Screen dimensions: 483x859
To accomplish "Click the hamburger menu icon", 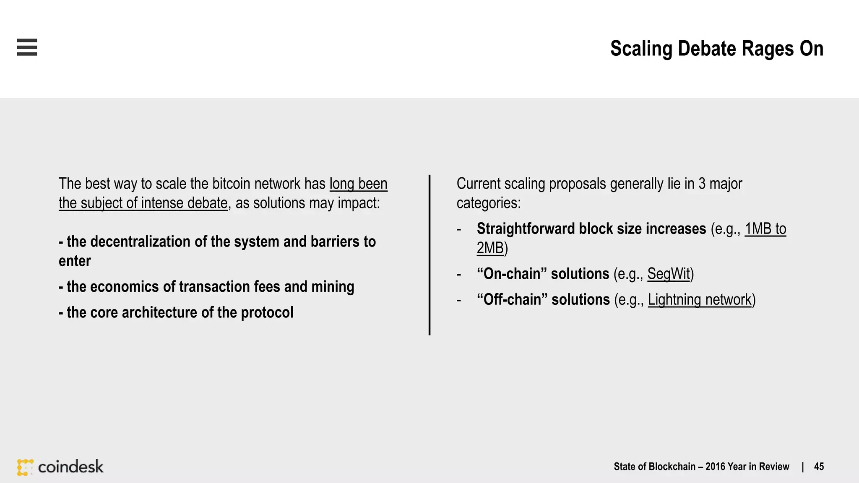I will pyautogui.click(x=27, y=47).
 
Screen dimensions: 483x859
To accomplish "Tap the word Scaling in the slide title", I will pyautogui.click(x=641, y=49).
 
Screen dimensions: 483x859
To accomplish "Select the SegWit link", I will pyautogui.click(x=669, y=274).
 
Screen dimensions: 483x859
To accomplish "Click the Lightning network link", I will pyautogui.click(x=700, y=300).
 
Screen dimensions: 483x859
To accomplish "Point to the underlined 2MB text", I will pyautogui.click(x=490, y=248).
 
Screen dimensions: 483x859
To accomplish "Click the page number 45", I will pyautogui.click(x=819, y=467).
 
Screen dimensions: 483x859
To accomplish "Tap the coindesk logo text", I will pyautogui.click(x=70, y=467).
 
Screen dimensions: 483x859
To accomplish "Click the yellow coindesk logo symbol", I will pyautogui.click(x=25, y=467).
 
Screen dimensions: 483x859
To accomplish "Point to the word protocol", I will pyautogui.click(x=267, y=312).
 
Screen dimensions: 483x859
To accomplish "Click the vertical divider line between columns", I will pyautogui.click(x=429, y=255).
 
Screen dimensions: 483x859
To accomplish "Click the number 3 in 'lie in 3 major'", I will pyautogui.click(x=702, y=184).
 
